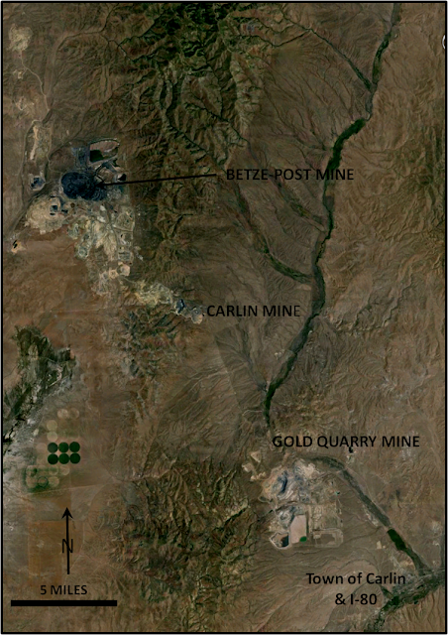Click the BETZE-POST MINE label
point(289,175)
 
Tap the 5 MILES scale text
point(63,589)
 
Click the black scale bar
point(63,601)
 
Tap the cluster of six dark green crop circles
point(64,453)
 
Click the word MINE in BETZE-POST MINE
point(335,175)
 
